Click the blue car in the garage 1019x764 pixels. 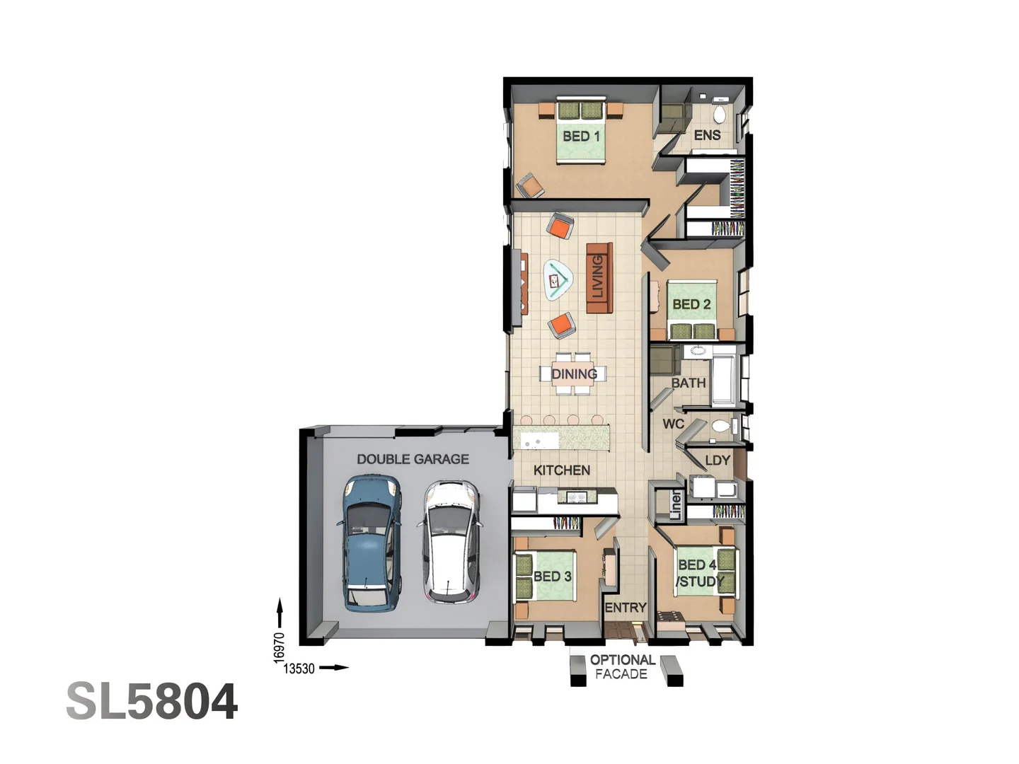(x=372, y=543)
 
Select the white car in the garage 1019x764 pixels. (x=450, y=543)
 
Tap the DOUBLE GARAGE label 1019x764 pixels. (x=413, y=459)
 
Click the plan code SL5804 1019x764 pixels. (x=152, y=702)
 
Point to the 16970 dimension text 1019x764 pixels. (x=280, y=647)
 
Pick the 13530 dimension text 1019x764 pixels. (x=299, y=668)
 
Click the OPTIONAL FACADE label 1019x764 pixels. (x=622, y=666)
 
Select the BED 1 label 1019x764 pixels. (x=581, y=136)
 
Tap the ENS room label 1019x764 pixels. (x=707, y=135)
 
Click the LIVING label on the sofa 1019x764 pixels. (x=598, y=277)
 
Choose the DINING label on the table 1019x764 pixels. (x=574, y=374)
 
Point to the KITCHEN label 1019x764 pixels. (x=561, y=470)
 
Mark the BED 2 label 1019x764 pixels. (x=691, y=304)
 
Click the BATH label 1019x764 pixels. (x=689, y=383)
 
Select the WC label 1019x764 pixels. (x=673, y=424)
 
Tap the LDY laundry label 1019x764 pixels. (x=717, y=461)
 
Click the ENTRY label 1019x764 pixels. (x=625, y=607)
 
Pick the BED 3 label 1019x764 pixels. (x=552, y=577)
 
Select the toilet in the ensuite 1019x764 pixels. (x=719, y=113)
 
